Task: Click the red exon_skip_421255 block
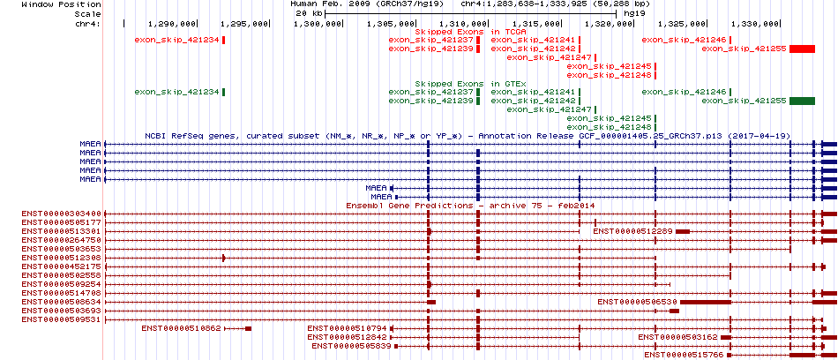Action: click(x=802, y=49)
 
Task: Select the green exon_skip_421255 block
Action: click(x=802, y=101)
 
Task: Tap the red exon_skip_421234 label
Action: click(x=177, y=40)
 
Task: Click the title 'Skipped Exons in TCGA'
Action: click(x=471, y=32)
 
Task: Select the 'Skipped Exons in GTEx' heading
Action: click(x=471, y=84)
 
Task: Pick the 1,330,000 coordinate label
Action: click(x=754, y=24)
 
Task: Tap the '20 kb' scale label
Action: click(x=309, y=13)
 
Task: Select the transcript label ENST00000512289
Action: click(x=632, y=231)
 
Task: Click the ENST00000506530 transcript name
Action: click(x=637, y=302)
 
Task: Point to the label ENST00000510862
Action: click(x=181, y=328)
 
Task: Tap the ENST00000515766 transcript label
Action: click(x=684, y=355)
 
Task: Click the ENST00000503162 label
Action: click(x=677, y=337)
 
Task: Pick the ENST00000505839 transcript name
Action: click(x=352, y=346)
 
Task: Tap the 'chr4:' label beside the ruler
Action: click(x=87, y=24)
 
